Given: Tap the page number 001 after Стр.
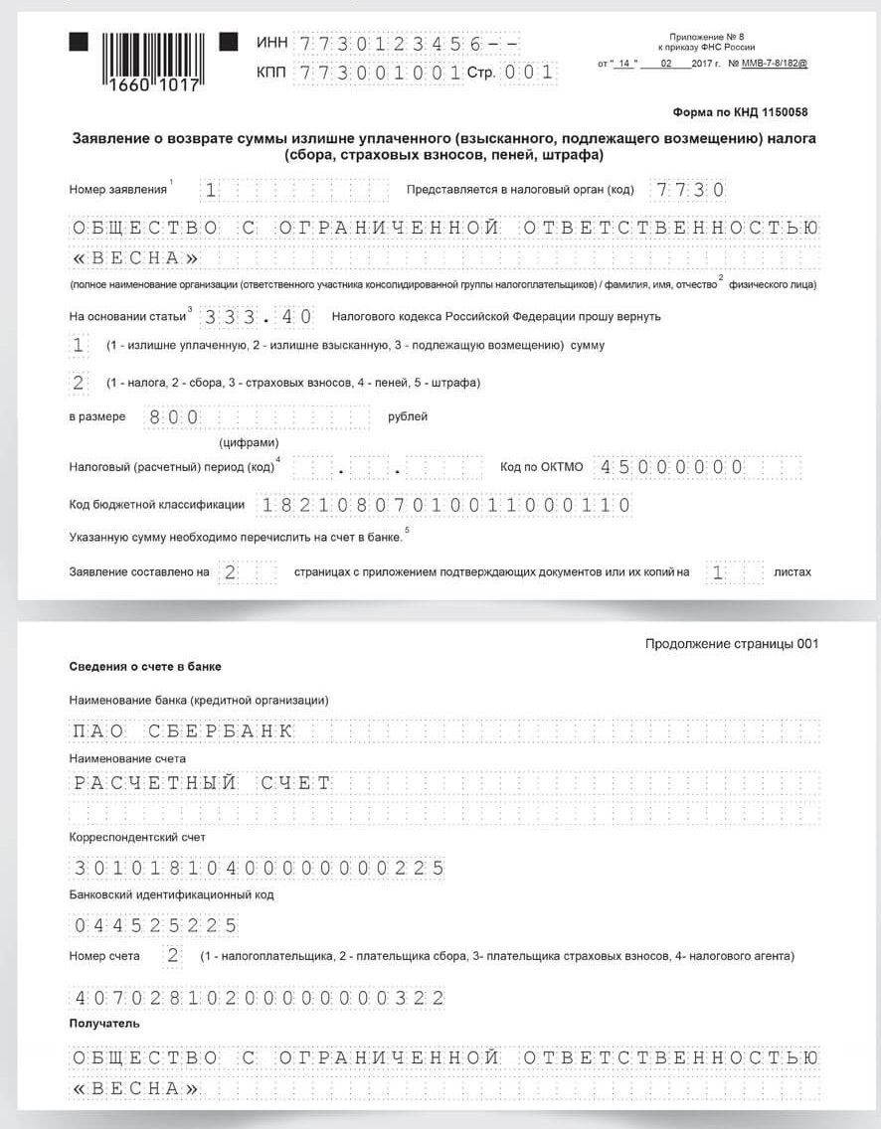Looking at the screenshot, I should [x=527, y=73].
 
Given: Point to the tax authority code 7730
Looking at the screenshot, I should [x=687, y=190].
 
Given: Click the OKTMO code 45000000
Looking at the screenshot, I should [x=672, y=467].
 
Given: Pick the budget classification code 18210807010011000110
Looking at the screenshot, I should [x=444, y=505].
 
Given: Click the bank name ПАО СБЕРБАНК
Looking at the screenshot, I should [x=183, y=731].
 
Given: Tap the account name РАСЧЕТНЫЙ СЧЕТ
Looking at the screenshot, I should [x=202, y=783].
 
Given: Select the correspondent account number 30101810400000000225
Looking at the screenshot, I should [x=259, y=869].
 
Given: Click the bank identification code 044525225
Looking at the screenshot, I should [x=155, y=926].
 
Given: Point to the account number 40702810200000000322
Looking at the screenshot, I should [x=259, y=998].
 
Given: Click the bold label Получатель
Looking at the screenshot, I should [x=104, y=1024].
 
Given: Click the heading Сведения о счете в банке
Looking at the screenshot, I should [x=145, y=666].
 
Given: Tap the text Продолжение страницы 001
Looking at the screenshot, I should [x=731, y=644].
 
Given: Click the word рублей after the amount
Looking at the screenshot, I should [x=408, y=416].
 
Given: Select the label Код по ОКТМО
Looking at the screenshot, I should [x=542, y=467].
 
